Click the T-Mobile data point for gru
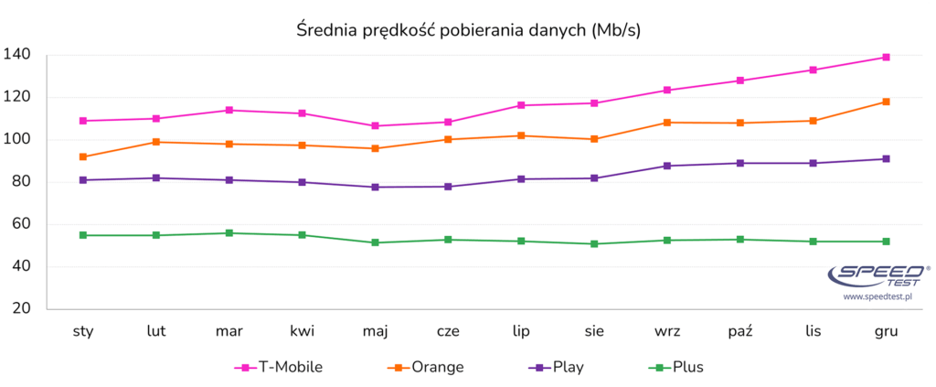(x=886, y=58)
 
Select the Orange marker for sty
(x=83, y=157)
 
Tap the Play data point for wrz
(x=666, y=166)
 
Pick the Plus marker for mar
(x=229, y=233)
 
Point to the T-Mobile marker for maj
(x=375, y=126)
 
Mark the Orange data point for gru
(x=886, y=102)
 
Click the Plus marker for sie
(x=594, y=244)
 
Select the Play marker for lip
(x=521, y=179)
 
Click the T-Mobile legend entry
(x=278, y=368)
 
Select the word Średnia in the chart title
(x=328, y=30)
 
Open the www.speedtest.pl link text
(x=878, y=296)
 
